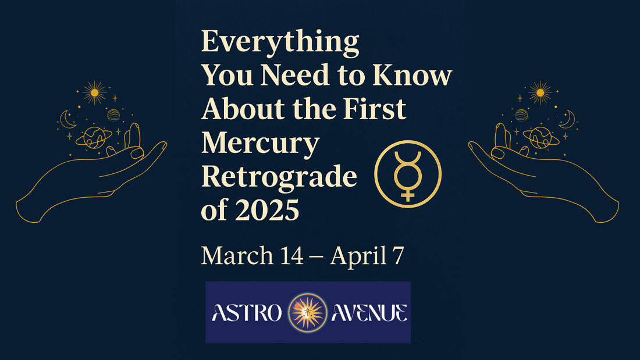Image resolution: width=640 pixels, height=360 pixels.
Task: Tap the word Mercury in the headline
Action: [260, 144]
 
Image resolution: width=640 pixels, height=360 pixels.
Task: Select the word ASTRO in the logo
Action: [248, 313]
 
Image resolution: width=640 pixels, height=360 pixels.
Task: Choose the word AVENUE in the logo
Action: [368, 313]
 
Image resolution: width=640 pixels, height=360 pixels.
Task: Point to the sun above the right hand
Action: [541, 92]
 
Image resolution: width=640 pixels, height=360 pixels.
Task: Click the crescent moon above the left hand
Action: [67, 120]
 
